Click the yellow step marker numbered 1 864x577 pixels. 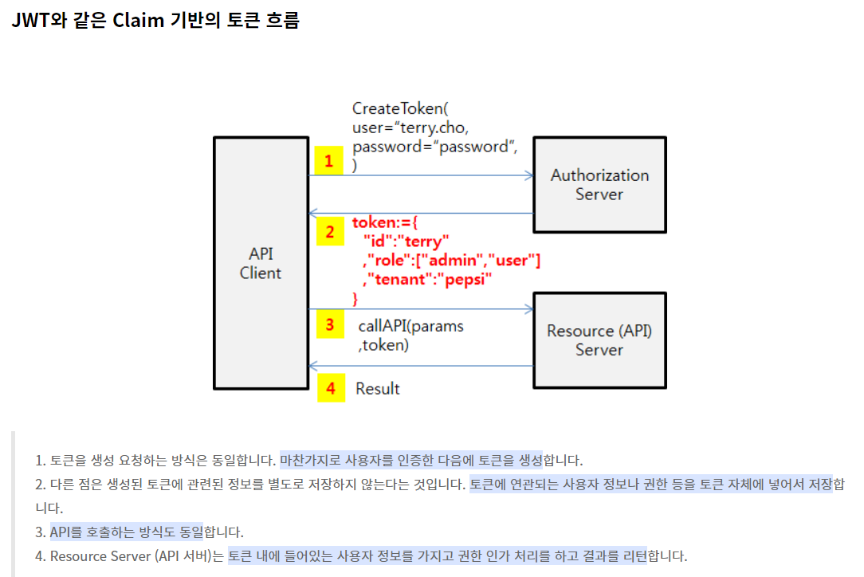click(x=328, y=161)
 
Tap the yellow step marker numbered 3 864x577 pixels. click(x=329, y=324)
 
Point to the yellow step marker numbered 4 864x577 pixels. click(x=331, y=388)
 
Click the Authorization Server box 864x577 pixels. click(x=599, y=184)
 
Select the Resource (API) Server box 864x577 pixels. click(x=599, y=340)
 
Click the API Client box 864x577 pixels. click(x=261, y=263)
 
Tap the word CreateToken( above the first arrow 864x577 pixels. click(x=401, y=109)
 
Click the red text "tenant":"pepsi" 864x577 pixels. click(x=427, y=280)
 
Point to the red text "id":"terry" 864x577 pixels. click(x=406, y=241)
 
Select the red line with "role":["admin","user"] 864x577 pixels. click(x=451, y=261)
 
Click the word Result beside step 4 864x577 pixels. click(x=378, y=389)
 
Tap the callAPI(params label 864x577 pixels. click(x=411, y=327)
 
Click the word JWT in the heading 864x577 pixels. click(x=29, y=20)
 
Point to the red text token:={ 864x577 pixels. click(x=385, y=222)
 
